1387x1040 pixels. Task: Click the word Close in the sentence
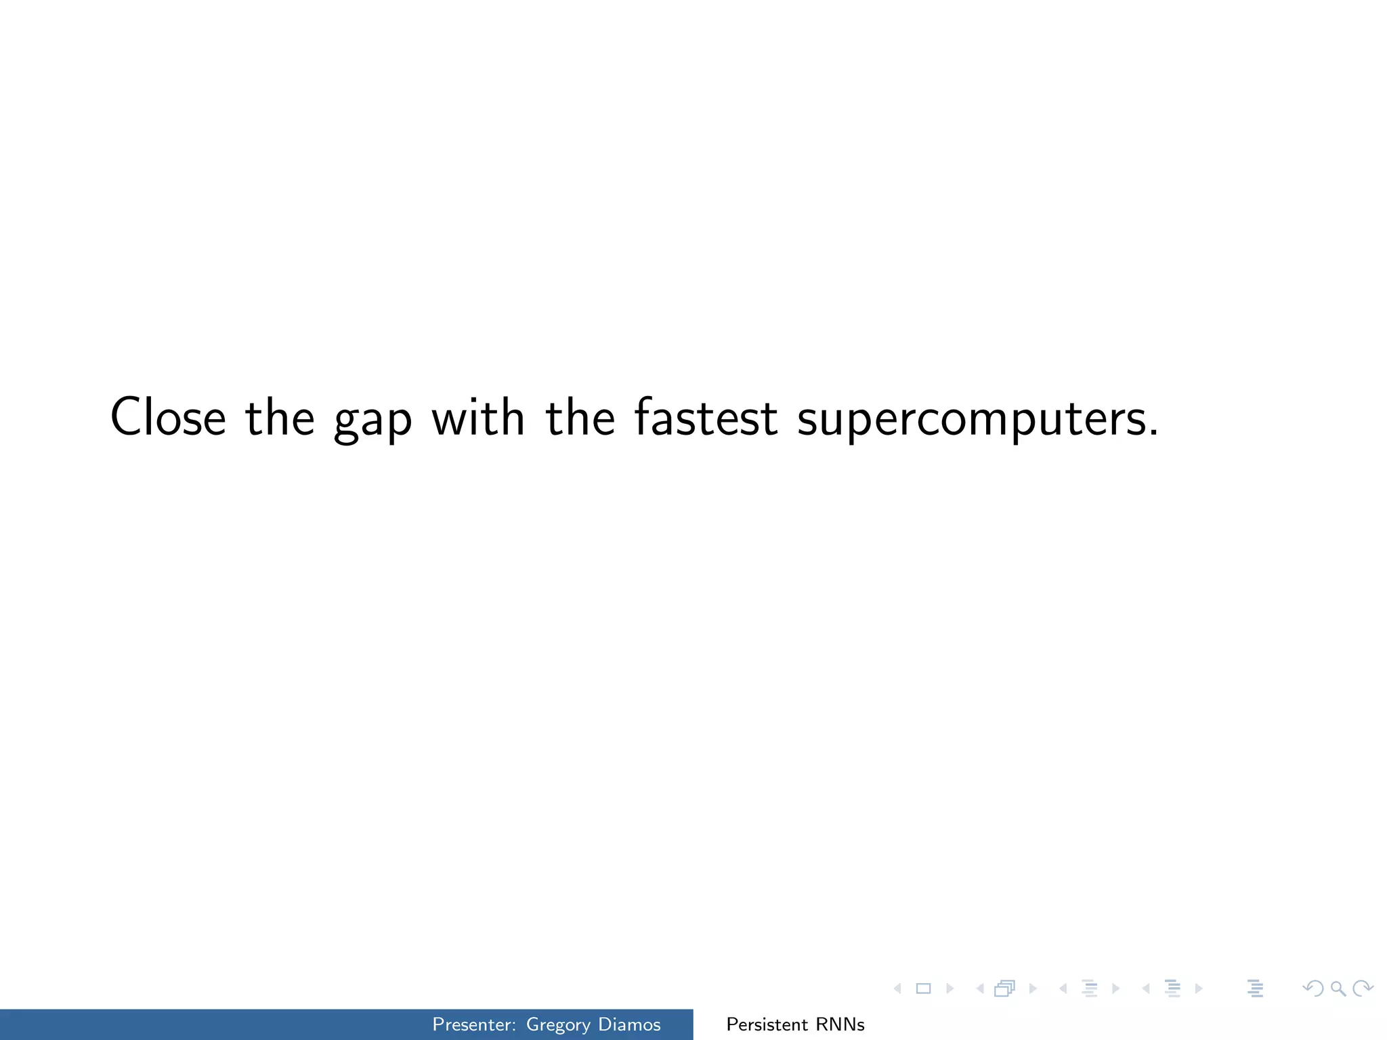coord(168,417)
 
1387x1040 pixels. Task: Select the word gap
coord(372,420)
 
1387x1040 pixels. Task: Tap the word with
coord(478,417)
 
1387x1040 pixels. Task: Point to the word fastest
coord(706,417)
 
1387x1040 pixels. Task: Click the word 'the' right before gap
coord(280,417)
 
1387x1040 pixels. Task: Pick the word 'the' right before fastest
coord(580,417)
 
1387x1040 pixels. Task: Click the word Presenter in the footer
coord(473,1024)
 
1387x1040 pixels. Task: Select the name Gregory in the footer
coord(558,1025)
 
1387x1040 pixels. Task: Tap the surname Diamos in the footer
coord(629,1024)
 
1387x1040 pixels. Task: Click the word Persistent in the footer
coord(767,1024)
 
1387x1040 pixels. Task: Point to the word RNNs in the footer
coord(840,1024)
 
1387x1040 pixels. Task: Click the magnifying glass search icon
coord(1338,989)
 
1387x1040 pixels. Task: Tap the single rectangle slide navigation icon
coord(923,989)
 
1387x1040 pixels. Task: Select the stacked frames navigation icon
coord(1004,989)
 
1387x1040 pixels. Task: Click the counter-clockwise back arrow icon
coord(1313,989)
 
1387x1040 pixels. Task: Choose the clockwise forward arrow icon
coord(1363,989)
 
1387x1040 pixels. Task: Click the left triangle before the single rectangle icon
coord(898,989)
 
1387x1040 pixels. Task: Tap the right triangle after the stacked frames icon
coord(1033,989)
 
